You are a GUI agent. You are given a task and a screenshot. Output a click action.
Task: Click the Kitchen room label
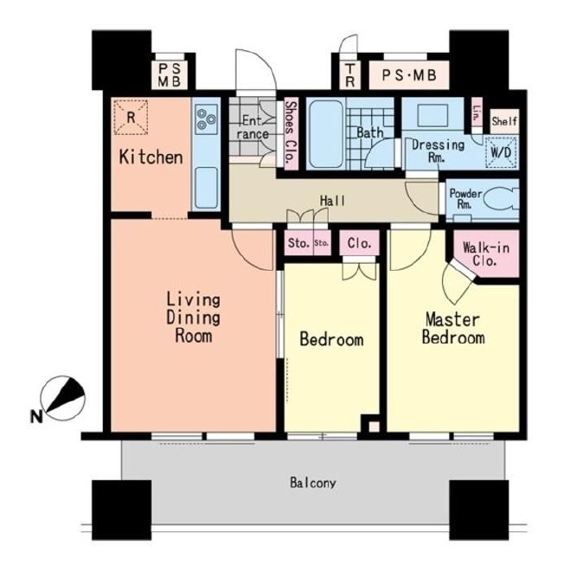pos(151,157)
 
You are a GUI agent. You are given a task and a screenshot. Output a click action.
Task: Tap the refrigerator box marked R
pos(131,117)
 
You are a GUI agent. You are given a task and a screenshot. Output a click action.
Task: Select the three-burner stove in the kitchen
pos(206,119)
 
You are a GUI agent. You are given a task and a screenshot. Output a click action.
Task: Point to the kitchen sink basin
pos(207,188)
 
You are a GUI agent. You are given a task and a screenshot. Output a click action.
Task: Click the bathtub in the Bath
pos(326,134)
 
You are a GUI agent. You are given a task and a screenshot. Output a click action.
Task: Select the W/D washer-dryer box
pos(501,152)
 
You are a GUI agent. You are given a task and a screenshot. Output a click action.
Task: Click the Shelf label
pos(504,121)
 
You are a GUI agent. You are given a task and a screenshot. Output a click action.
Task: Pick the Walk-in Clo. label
pos(485,254)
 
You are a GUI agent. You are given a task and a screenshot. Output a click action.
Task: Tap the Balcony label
pos(313,483)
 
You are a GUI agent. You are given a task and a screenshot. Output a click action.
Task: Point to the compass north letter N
pos(35,416)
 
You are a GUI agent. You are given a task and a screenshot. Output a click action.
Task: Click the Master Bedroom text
pos(453,329)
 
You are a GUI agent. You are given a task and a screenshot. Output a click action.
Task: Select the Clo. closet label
pos(359,243)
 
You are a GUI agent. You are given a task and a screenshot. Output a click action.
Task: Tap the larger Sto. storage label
pos(299,243)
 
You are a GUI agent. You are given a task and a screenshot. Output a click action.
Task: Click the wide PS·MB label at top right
pos(409,75)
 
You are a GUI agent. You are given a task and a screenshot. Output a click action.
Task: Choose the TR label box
pos(349,75)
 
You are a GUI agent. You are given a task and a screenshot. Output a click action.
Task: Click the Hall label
pos(332,202)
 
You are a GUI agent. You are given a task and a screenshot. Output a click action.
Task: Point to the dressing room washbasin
pos(432,115)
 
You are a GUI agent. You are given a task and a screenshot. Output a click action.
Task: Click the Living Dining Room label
pos(193,318)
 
